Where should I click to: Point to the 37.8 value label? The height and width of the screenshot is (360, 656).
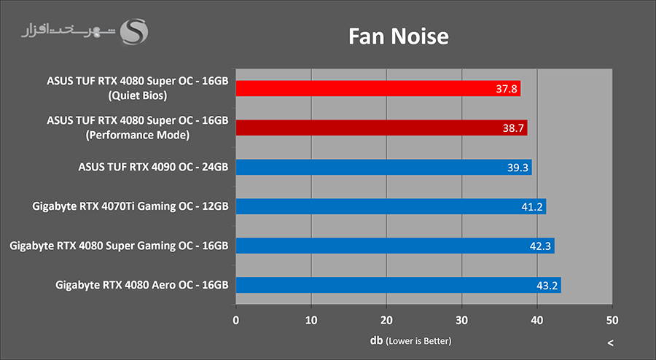[504, 89]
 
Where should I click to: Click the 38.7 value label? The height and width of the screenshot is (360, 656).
[511, 128]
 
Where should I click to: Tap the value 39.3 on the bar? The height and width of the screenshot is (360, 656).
[516, 168]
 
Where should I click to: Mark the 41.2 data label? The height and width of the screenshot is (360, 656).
[530, 207]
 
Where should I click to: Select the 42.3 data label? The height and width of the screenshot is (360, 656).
[539, 246]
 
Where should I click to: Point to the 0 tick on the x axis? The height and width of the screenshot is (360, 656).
[235, 320]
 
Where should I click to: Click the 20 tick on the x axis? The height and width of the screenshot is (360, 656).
[386, 320]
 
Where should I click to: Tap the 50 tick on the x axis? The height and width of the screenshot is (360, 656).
[612, 320]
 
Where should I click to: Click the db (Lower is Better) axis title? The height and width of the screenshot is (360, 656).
[410, 340]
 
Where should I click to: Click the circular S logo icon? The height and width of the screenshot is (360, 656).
[134, 31]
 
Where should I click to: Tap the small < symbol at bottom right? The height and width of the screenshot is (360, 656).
[610, 343]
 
